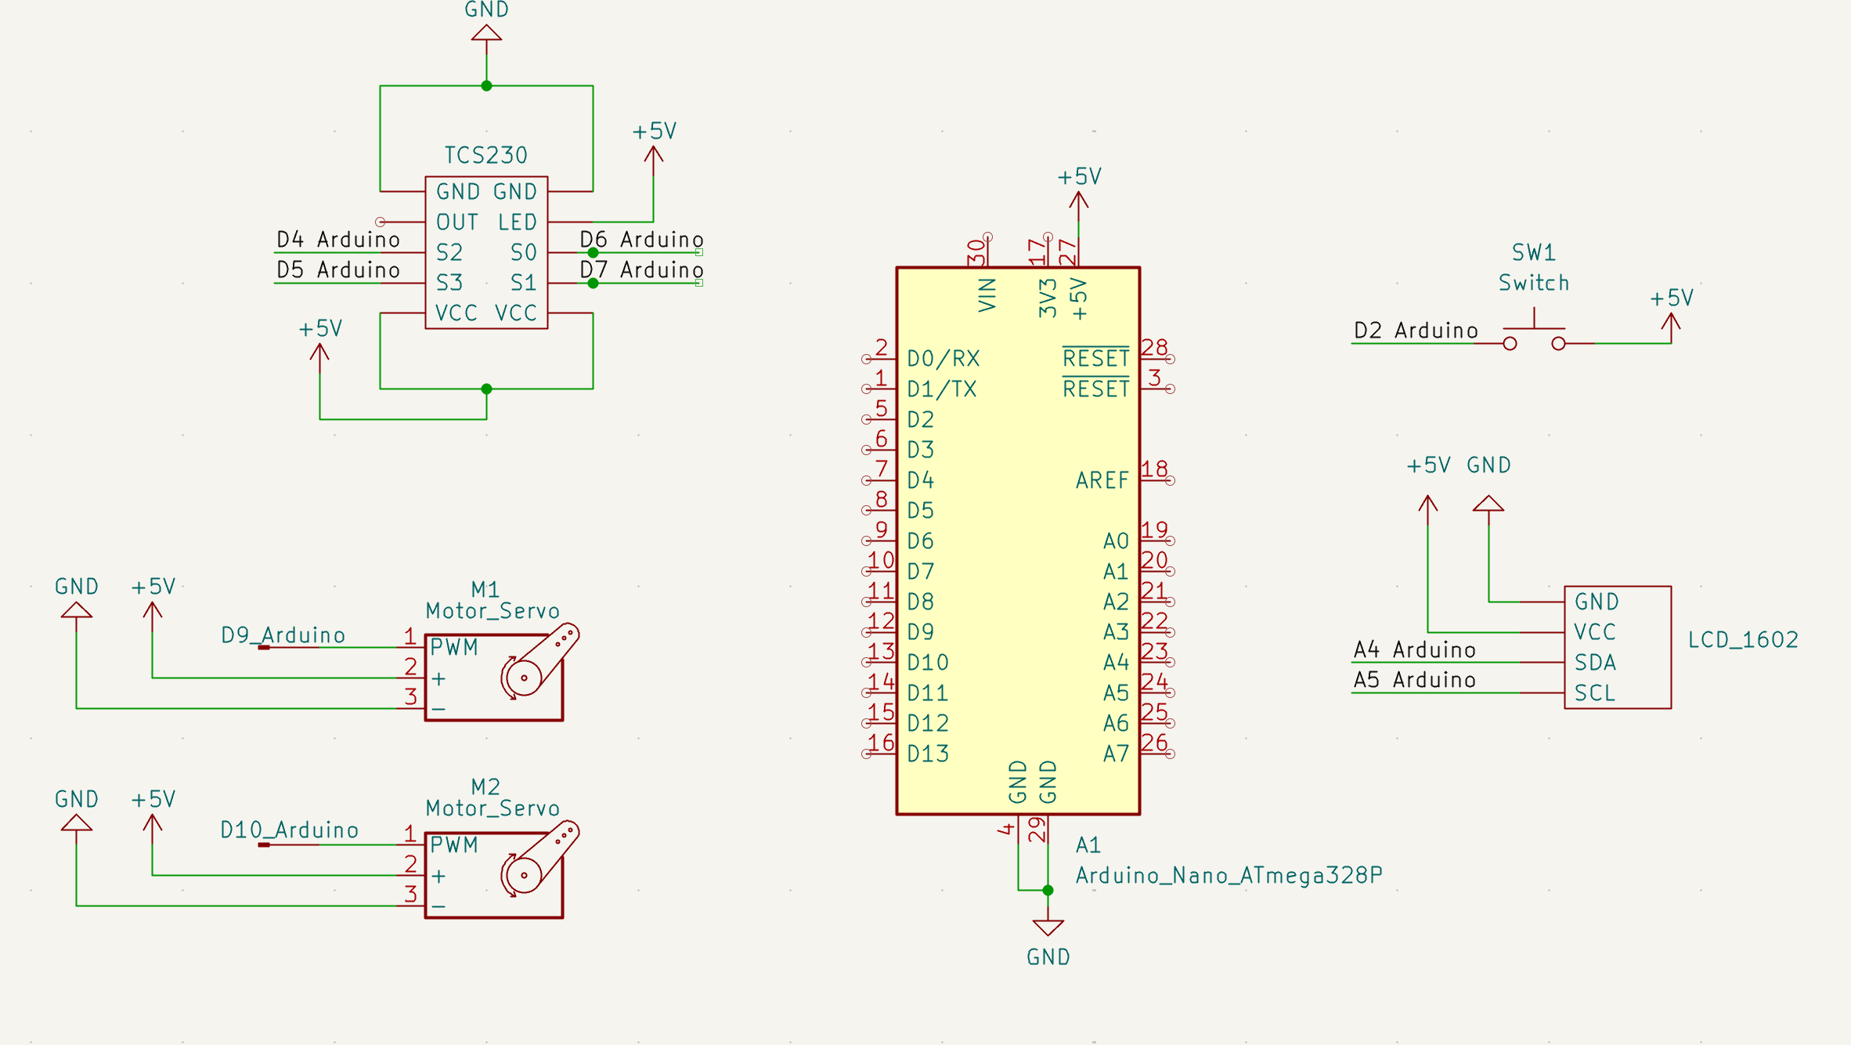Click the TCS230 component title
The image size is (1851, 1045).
coord(485,155)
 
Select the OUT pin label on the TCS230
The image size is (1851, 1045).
coord(456,222)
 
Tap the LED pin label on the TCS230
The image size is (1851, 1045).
coord(517,222)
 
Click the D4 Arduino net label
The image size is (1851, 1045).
coord(338,240)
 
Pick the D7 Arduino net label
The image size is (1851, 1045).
coord(641,270)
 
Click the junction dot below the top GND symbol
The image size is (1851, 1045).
coord(486,86)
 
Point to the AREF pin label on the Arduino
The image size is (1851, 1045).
coord(1102,480)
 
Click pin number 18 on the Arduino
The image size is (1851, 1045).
coord(1154,469)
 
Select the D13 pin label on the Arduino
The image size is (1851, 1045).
coord(927,754)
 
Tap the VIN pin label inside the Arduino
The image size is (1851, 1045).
coord(987,295)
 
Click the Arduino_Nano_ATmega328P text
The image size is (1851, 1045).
coord(1229,875)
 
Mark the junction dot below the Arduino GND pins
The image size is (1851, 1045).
coord(1048,890)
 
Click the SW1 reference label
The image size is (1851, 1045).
coord(1533,253)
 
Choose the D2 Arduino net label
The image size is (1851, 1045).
coord(1416,331)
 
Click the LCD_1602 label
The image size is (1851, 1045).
coord(1742,640)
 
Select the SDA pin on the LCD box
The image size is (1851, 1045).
coord(1595,663)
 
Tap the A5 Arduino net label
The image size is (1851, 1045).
coord(1414,680)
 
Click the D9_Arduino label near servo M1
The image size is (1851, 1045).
coord(283,635)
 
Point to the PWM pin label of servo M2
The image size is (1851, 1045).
coord(453,845)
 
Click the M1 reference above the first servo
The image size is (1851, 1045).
coord(485,589)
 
